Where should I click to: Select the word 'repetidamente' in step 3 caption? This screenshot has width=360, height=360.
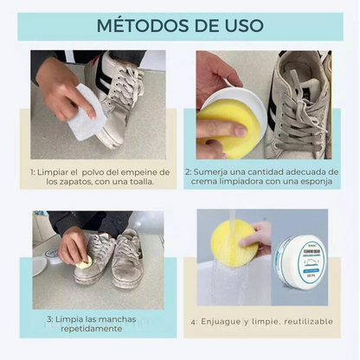click(x=86, y=329)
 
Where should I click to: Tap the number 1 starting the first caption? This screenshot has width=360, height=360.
click(x=33, y=171)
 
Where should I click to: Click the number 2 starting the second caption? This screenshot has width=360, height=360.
click(x=185, y=171)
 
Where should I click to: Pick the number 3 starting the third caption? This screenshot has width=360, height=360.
click(x=50, y=318)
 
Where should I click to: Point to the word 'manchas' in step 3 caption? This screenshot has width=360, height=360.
click(x=117, y=318)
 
